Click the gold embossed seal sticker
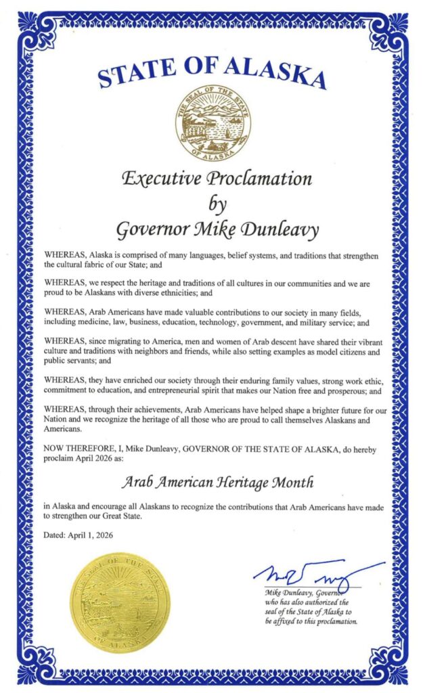pos(120,602)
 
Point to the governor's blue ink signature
pos(317,575)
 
